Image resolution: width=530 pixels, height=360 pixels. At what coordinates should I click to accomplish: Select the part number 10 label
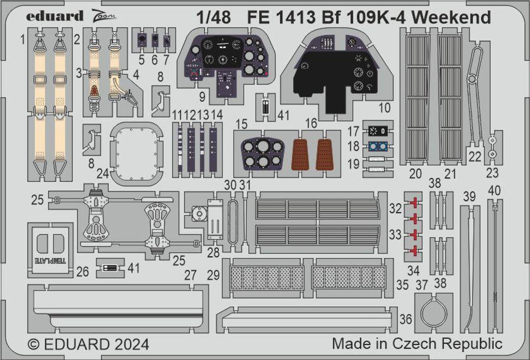384,109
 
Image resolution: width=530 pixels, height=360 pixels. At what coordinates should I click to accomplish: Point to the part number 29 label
214,275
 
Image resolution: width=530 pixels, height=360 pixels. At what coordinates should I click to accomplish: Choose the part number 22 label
476,156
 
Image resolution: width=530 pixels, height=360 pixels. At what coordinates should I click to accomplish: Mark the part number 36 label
407,319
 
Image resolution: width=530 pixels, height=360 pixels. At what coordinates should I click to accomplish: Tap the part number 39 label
469,198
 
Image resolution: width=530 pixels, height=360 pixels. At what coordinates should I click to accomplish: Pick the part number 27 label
190,275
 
